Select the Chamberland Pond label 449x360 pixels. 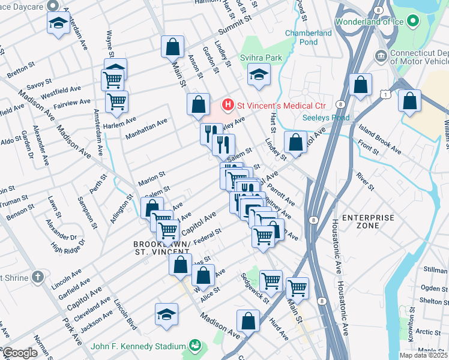309,38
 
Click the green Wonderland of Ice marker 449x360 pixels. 412,22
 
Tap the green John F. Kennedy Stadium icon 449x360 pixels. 195,346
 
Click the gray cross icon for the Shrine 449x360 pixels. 38,277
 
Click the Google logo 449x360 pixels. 19,353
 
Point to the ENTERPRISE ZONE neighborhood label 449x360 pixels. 368,221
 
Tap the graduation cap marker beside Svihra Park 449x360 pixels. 259,74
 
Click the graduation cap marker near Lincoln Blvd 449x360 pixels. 167,314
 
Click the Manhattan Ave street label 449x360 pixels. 146,128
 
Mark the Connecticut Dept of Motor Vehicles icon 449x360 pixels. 381,56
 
